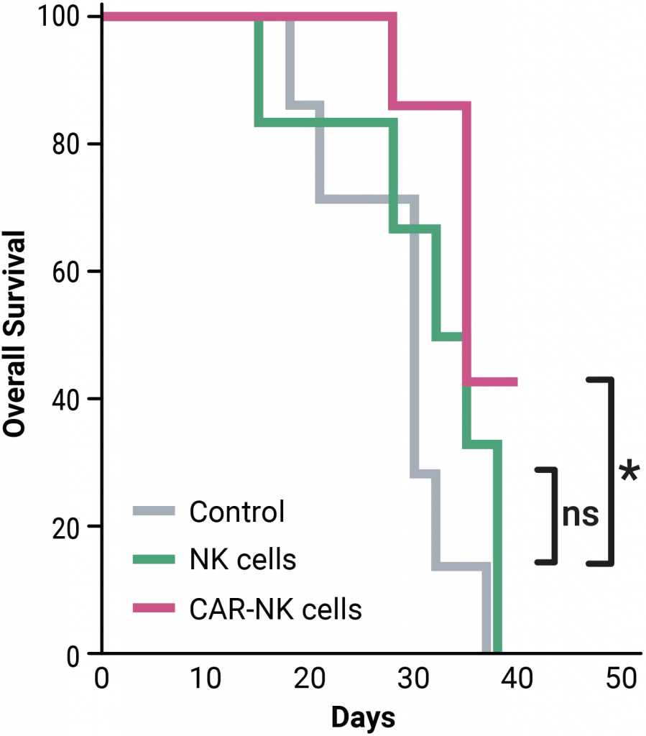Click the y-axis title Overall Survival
(x=16, y=333)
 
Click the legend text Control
(x=237, y=512)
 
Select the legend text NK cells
(x=243, y=559)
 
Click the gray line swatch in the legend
(x=154, y=512)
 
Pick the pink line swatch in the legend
(x=154, y=608)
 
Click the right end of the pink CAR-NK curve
(x=515, y=382)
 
